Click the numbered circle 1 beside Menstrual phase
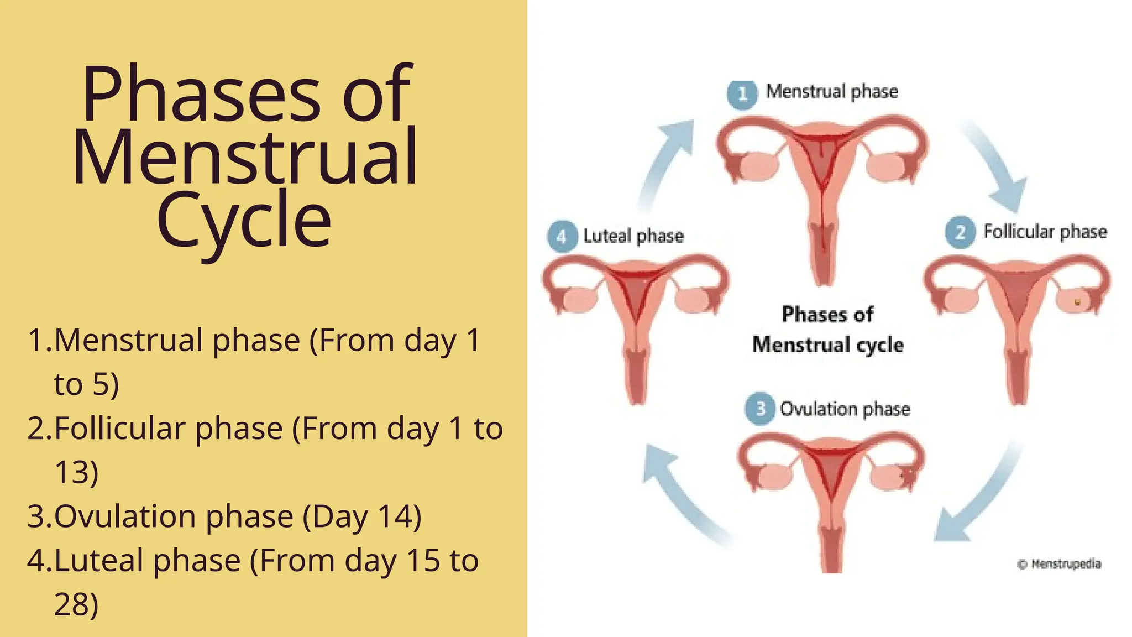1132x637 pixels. point(742,94)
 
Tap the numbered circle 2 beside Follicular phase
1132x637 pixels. point(960,232)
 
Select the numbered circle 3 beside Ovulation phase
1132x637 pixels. point(760,409)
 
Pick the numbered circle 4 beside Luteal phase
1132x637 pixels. point(562,237)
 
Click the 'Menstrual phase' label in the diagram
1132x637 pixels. point(832,92)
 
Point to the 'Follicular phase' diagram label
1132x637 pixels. point(1045,232)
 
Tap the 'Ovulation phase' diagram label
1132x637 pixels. point(845,409)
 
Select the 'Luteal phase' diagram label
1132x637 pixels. point(633,237)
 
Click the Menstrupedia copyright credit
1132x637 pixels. point(1059,564)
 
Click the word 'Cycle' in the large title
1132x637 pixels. point(244,220)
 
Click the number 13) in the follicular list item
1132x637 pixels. point(76,472)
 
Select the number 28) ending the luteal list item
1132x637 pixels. point(76,604)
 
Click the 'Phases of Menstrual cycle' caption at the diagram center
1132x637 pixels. point(827,330)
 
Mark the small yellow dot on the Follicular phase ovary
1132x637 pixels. point(1077,302)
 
